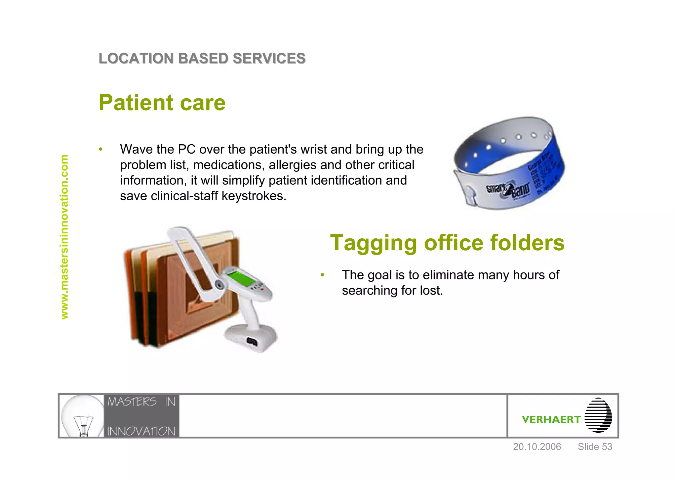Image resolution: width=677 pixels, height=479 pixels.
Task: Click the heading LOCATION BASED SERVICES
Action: click(x=202, y=59)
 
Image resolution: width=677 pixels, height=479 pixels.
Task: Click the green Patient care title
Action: click(x=162, y=103)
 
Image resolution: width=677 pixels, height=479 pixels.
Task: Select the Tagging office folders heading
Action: click(x=447, y=243)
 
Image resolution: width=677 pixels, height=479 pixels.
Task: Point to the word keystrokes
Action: click(x=254, y=196)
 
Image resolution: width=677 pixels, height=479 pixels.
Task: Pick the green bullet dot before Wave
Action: click(x=101, y=149)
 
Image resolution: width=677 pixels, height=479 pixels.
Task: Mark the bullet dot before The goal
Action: click(x=323, y=275)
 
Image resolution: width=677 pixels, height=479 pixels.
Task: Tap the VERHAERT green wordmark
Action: click(x=551, y=420)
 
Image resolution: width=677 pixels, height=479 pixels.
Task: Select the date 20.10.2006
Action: click(x=537, y=447)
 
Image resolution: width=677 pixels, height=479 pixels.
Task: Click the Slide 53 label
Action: click(x=595, y=447)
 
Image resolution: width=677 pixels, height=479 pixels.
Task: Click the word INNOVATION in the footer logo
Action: click(x=141, y=431)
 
